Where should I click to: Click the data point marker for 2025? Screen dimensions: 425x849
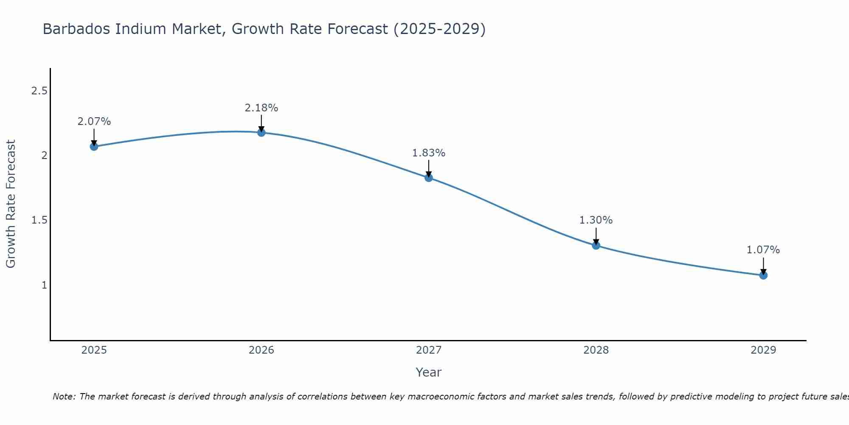pyautogui.click(x=94, y=147)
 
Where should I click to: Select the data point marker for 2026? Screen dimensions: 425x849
pyautogui.click(x=261, y=133)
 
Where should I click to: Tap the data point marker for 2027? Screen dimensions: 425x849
pyautogui.click(x=429, y=178)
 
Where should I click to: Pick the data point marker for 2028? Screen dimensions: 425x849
pyautogui.click(x=596, y=245)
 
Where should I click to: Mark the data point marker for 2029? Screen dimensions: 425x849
pyautogui.click(x=763, y=275)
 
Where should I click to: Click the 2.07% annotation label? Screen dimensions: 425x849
pyautogui.click(x=94, y=122)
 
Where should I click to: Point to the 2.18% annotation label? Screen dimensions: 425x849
pyautogui.click(x=261, y=108)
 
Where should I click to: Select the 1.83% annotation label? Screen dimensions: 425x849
pyautogui.click(x=429, y=153)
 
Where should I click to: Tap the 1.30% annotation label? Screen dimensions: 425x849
pyautogui.click(x=596, y=220)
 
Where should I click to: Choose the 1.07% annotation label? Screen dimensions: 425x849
pyautogui.click(x=763, y=250)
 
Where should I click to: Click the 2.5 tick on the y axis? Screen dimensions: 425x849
pyautogui.click(x=39, y=91)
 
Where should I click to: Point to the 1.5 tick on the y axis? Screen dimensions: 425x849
pyautogui.click(x=39, y=220)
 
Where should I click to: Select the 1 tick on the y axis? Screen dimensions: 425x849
pyautogui.click(x=44, y=285)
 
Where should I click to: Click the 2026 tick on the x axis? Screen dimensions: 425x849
pyautogui.click(x=261, y=350)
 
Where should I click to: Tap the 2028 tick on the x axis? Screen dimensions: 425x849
pyautogui.click(x=596, y=350)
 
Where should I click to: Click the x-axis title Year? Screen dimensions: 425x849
pyautogui.click(x=429, y=372)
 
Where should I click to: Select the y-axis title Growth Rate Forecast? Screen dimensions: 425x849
pyautogui.click(x=11, y=204)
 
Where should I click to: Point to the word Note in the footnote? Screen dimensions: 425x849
pyautogui.click(x=64, y=397)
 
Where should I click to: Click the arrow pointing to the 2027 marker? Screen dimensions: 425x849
pyautogui.click(x=429, y=168)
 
